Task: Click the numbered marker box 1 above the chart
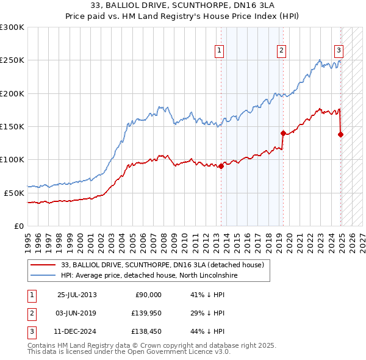[x=218, y=51]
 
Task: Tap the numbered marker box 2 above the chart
[x=281, y=51]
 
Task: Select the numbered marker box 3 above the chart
[x=338, y=51]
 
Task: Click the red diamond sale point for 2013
[x=221, y=166]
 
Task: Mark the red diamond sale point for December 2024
[x=340, y=134]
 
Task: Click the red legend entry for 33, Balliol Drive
[x=162, y=265]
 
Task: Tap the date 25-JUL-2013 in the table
[x=77, y=295]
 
